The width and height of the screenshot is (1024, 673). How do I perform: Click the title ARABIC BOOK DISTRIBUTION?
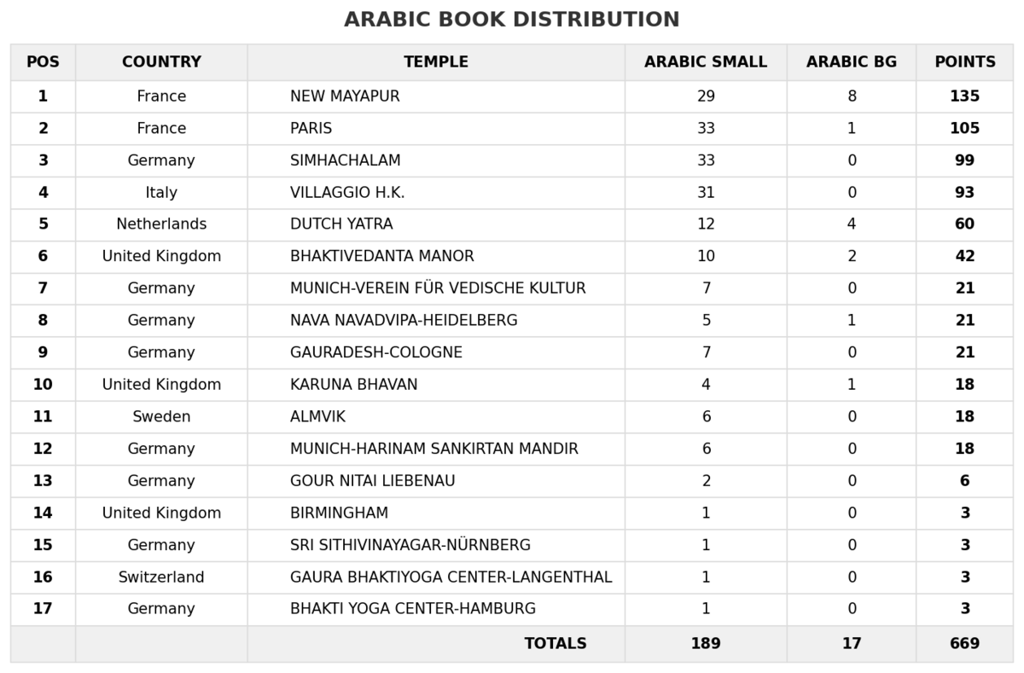pos(512,20)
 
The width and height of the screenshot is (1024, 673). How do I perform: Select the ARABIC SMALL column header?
pos(706,62)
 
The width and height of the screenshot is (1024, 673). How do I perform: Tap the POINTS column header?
pos(964,62)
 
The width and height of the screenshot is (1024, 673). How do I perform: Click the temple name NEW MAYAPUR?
pos(345,96)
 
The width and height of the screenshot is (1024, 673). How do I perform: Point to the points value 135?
pos(964,96)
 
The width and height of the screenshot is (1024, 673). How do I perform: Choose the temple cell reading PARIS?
pos(311,129)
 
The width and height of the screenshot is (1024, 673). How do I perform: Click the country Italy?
pos(161,193)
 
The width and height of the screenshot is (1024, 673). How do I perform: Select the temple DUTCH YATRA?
pos(341,224)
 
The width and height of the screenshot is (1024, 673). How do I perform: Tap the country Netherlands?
pos(161,224)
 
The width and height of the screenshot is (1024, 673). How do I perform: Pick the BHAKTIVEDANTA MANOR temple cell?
pos(381,257)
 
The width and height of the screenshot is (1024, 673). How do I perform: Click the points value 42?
pos(964,257)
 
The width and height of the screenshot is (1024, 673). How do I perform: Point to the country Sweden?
pos(161,417)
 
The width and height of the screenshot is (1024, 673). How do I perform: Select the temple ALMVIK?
pos(317,417)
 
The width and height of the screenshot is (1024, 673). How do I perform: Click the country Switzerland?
pos(161,577)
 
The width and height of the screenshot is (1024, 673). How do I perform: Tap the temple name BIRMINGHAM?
pos(339,513)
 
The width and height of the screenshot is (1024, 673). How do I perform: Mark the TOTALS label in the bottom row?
pos(556,644)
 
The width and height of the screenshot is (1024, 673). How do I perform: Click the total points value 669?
pos(964,644)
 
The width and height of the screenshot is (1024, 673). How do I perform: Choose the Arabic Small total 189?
pos(706,644)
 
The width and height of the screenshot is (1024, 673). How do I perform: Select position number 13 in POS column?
pos(43,481)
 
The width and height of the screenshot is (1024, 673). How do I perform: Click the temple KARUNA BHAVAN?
pos(353,385)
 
